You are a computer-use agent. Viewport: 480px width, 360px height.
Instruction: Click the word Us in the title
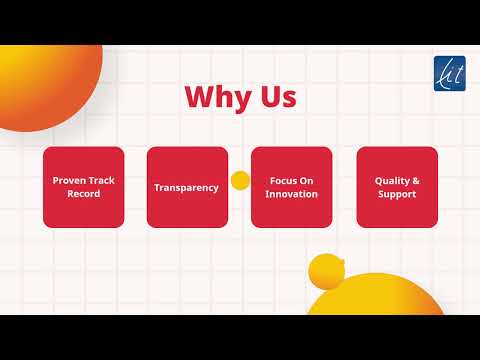[x=278, y=98]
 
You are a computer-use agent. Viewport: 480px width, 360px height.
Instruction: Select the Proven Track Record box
[x=84, y=187]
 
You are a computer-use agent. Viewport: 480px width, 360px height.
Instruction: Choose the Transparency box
[x=186, y=187]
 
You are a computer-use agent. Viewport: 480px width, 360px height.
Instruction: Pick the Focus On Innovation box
[x=292, y=187]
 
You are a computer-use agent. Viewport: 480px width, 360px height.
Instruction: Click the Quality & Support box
[x=397, y=187]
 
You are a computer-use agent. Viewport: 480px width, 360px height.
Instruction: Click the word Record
[x=84, y=193]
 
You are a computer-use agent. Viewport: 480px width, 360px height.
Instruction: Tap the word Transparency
[x=186, y=187]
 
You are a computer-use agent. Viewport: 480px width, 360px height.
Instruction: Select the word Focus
[x=282, y=181]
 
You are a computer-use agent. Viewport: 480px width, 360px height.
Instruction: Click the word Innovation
[x=292, y=193]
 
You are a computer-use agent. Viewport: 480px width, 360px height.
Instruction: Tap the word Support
[x=397, y=193]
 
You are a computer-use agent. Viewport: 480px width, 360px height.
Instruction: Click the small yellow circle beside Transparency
[x=240, y=180]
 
